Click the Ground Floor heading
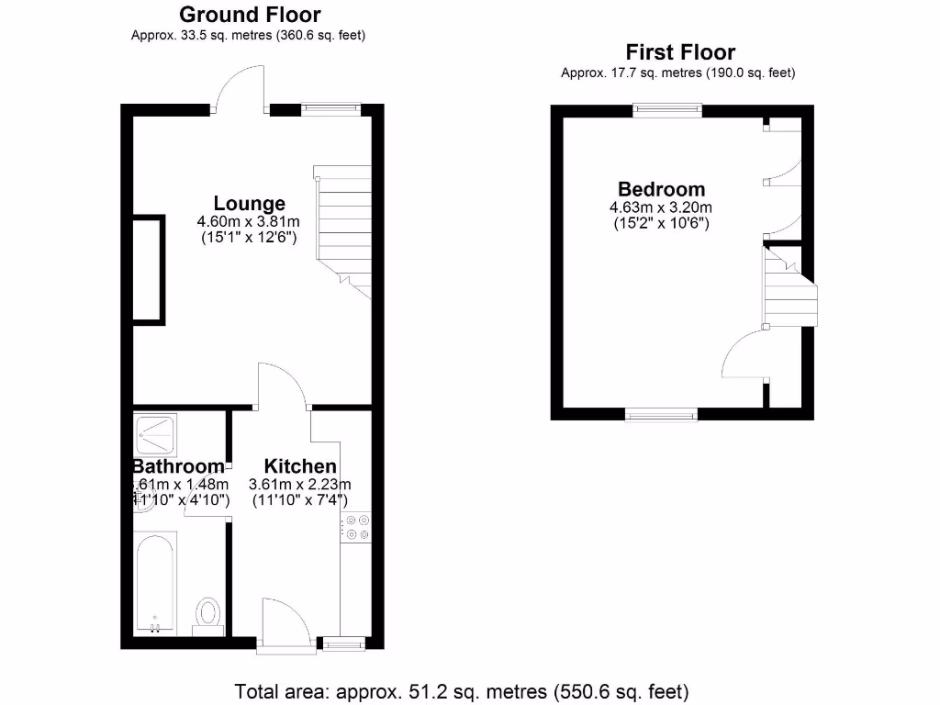click(x=250, y=15)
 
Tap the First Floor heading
click(x=680, y=52)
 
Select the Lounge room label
click(x=250, y=204)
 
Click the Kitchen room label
click(x=300, y=466)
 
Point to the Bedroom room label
click(x=662, y=190)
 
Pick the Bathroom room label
click(x=178, y=466)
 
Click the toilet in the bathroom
click(x=208, y=614)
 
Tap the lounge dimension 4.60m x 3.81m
click(x=249, y=221)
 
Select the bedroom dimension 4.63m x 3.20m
click(x=661, y=207)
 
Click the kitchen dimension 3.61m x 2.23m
click(x=300, y=485)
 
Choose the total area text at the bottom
click(x=462, y=691)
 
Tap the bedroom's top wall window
click(x=667, y=110)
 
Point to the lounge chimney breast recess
click(x=148, y=269)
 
